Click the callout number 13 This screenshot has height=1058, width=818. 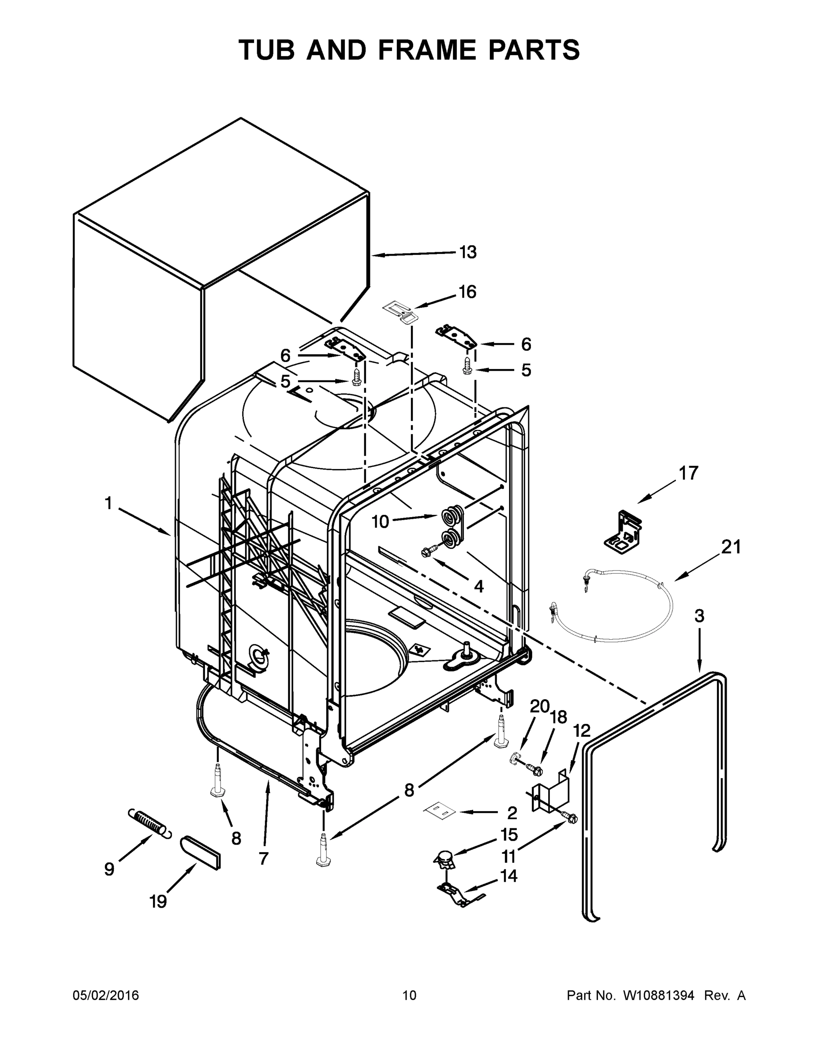point(467,253)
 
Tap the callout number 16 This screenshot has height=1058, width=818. point(467,292)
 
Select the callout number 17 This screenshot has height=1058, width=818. point(688,473)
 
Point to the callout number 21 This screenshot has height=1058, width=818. point(731,548)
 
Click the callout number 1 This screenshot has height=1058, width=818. point(108,504)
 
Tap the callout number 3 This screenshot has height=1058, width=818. point(699,617)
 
